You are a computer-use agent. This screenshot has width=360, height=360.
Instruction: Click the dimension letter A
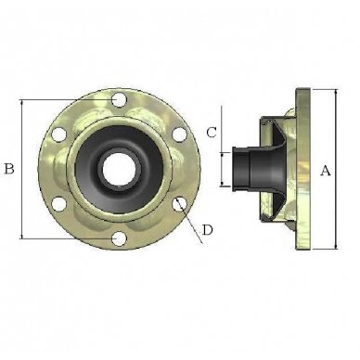[x=325, y=171]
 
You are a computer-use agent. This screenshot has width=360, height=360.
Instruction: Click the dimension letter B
[x=8, y=169]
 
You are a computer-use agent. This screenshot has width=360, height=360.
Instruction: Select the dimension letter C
[x=212, y=133]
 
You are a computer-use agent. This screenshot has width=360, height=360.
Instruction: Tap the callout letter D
[x=208, y=230]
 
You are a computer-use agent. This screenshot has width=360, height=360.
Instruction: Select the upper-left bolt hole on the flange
[x=58, y=135]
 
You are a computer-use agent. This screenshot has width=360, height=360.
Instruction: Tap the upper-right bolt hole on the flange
[x=179, y=135]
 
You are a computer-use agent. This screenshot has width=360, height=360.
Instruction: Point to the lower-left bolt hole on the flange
[x=58, y=204]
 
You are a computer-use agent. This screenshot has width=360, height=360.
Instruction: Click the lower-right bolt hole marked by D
[x=179, y=204]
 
